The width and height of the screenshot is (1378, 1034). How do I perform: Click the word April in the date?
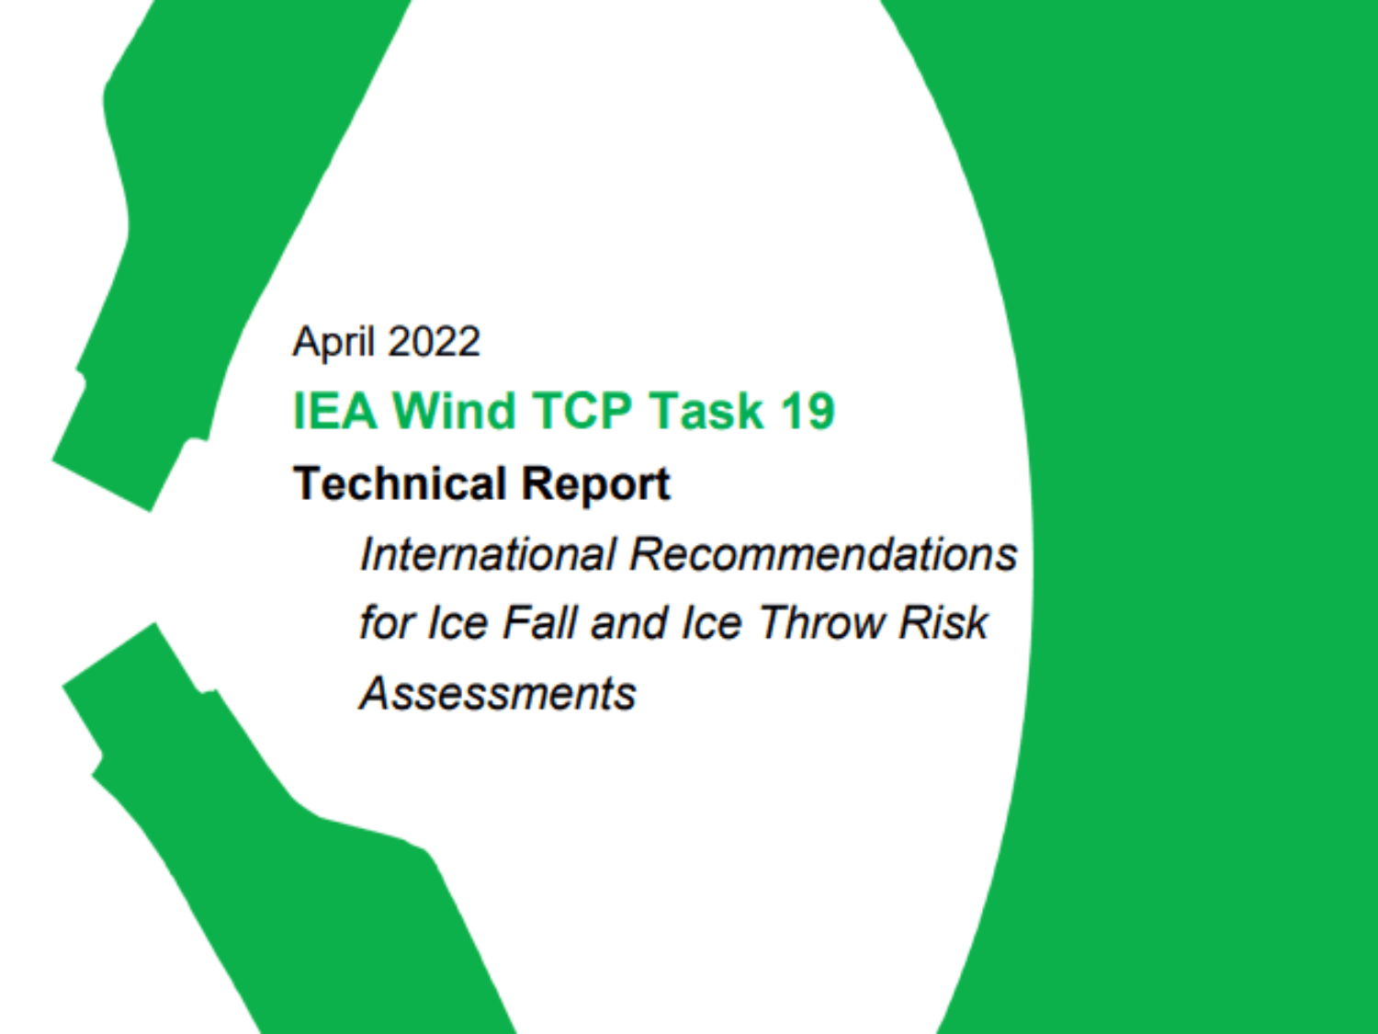(x=333, y=343)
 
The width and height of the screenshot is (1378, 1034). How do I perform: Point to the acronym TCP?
(x=582, y=411)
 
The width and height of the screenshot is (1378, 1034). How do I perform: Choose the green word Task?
(x=706, y=411)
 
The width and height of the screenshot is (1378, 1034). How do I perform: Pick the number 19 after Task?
(x=808, y=411)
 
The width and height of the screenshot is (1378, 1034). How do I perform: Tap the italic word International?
(x=488, y=554)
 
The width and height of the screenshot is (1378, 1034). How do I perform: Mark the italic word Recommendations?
(x=823, y=554)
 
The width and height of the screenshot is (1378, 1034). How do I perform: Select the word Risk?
(x=943, y=623)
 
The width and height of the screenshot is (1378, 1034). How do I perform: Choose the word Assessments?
(x=497, y=693)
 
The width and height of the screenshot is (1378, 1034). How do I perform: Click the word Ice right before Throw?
(x=711, y=623)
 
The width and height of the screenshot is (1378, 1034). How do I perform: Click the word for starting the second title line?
(x=387, y=623)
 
